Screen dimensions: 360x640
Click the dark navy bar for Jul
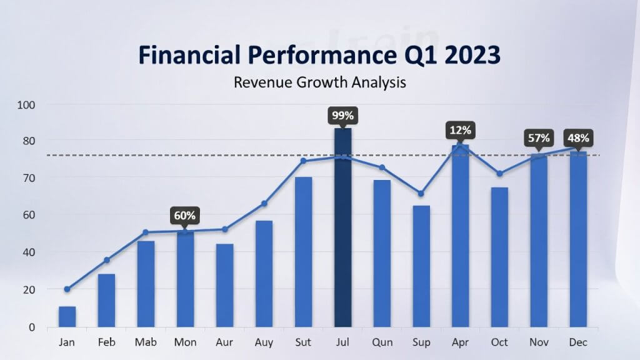point(342,227)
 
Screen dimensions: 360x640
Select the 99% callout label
point(342,115)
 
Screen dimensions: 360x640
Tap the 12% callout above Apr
point(460,130)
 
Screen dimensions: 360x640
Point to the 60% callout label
point(185,216)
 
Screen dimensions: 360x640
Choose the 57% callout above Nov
point(539,137)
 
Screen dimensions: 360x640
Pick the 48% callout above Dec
point(578,137)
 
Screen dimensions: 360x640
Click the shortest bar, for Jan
point(67,317)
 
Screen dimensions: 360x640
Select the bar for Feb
point(106,301)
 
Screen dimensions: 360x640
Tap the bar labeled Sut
point(303,252)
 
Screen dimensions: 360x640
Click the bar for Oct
point(499,257)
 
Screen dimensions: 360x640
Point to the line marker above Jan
point(67,289)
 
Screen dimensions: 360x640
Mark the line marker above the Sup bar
point(421,193)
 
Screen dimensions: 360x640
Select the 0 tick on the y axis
point(31,327)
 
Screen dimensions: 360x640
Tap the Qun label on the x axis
point(382,342)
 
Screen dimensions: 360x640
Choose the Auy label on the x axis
point(264,342)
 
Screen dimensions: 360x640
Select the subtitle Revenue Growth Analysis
point(319,82)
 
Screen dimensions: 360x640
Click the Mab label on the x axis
point(146,342)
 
